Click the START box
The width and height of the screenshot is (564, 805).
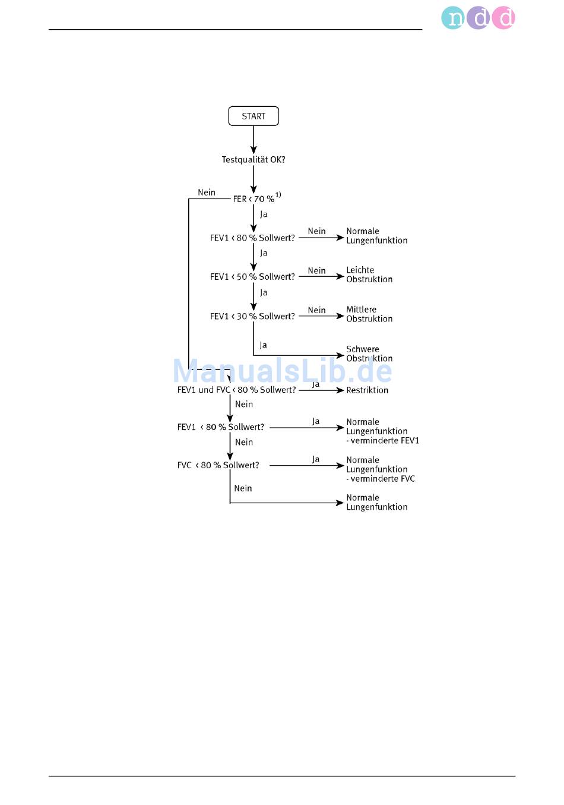254,116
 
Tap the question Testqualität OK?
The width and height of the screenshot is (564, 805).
254,159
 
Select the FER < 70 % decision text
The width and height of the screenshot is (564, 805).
254,199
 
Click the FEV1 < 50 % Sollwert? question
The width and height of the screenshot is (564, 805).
252,277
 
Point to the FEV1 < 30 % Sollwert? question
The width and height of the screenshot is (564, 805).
252,316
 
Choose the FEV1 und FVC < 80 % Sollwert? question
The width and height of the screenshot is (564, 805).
236,390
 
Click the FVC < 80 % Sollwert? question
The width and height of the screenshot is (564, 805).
218,465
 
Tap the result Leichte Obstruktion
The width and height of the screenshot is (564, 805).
369,274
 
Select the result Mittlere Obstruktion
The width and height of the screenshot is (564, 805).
369,314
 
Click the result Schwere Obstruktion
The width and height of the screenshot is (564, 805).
369,354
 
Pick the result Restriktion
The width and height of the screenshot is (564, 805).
367,390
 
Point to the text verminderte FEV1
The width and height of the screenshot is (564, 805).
385,441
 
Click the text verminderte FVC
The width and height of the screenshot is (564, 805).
383,479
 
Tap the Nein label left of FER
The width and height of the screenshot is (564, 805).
207,192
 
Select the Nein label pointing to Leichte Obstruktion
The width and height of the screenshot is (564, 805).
316,270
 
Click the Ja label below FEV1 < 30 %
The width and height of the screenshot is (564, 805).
263,345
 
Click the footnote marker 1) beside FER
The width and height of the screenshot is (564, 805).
278,195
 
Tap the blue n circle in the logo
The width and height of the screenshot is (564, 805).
453,18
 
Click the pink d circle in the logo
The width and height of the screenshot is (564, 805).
504,18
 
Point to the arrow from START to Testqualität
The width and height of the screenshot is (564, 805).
254,140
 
